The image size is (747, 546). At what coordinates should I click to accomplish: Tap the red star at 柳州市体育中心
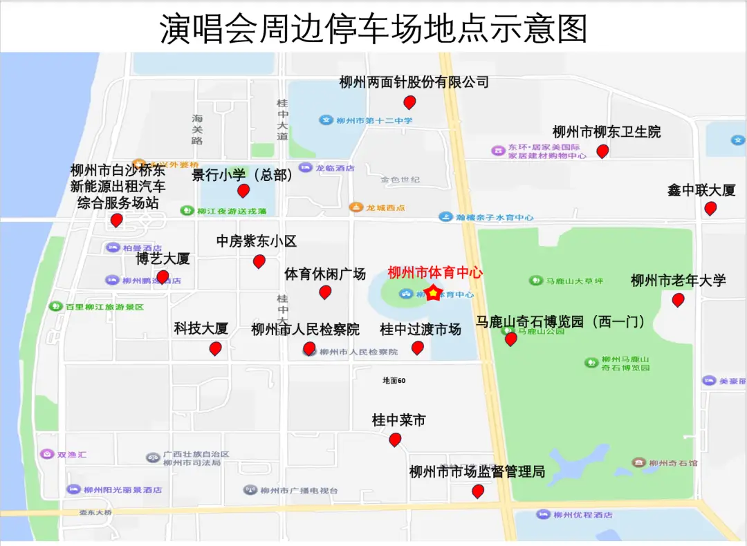[432, 293]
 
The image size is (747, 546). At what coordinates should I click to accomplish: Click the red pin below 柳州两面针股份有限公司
[409, 102]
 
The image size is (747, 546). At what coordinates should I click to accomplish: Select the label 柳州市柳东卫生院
[606, 131]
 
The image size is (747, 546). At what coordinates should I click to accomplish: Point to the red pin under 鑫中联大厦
[710, 208]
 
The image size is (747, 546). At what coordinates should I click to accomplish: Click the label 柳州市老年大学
[678, 281]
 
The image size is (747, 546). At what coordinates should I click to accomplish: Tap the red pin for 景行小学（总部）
[243, 191]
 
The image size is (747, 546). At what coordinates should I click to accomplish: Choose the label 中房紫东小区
[256, 241]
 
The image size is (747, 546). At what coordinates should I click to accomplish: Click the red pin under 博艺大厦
[163, 277]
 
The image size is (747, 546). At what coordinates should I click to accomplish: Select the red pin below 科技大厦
[216, 348]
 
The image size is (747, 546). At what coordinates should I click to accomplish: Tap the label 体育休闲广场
[325, 274]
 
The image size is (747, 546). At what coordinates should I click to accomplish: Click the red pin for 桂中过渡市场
[417, 348]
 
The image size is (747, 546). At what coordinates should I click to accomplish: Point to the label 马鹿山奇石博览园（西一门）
[560, 321]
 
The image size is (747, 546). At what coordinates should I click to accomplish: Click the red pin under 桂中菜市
[395, 439]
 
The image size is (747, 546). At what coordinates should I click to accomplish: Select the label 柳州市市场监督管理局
[477, 472]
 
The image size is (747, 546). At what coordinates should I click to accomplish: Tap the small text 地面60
[394, 380]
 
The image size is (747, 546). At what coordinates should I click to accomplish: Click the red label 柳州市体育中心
[435, 272]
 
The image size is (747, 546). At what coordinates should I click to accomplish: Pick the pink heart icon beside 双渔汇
[46, 455]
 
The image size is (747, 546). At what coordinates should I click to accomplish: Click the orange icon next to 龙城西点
[356, 207]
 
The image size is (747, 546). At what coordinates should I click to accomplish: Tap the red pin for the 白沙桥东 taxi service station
[117, 220]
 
